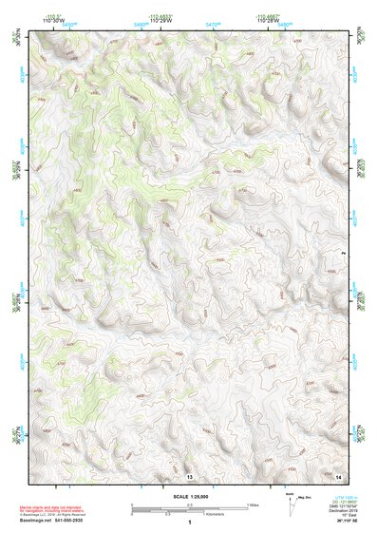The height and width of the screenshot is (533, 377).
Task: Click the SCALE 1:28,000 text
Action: click(x=191, y=496)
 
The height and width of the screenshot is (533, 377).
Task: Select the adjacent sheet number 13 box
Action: click(x=190, y=474)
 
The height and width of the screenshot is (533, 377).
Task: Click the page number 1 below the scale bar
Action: click(x=191, y=523)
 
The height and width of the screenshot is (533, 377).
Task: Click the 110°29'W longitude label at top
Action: click(x=160, y=19)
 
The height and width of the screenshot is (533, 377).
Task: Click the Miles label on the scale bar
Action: click(x=252, y=504)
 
